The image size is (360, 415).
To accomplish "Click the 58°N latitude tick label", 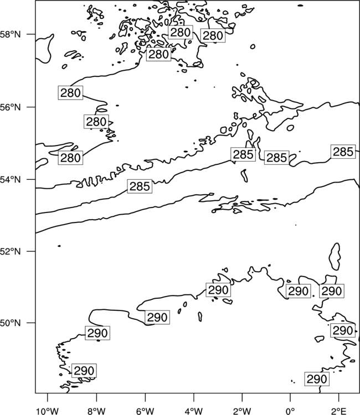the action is click(x=11, y=34).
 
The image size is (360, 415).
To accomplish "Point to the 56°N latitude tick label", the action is click(x=11, y=107).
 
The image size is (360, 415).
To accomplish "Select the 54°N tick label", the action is click(x=11, y=180).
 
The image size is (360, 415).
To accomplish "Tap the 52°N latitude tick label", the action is click(x=11, y=251).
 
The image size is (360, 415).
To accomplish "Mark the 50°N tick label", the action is click(x=11, y=323).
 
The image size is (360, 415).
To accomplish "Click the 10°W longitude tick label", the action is click(x=47, y=411).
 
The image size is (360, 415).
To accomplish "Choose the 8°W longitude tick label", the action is click(x=96, y=411).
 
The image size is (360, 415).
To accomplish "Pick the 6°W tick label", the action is click(x=145, y=411).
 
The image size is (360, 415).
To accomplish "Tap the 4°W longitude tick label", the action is click(x=194, y=411).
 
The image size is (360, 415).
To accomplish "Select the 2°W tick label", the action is click(x=242, y=411).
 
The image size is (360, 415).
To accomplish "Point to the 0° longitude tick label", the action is click(x=290, y=411).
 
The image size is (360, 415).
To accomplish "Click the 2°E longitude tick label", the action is click(x=339, y=411).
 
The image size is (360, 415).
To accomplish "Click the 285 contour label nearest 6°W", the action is click(x=140, y=186).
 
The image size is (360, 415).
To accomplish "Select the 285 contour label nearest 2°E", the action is click(x=343, y=152).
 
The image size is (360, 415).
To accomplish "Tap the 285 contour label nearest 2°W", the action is click(x=243, y=154).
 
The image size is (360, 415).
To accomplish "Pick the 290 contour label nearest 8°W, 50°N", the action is click(x=97, y=333).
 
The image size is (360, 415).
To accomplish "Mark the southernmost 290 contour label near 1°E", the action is click(x=317, y=379).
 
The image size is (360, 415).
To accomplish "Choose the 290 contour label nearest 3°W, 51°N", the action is click(x=218, y=290).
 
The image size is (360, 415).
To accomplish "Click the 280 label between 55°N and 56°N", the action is click(x=96, y=122).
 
